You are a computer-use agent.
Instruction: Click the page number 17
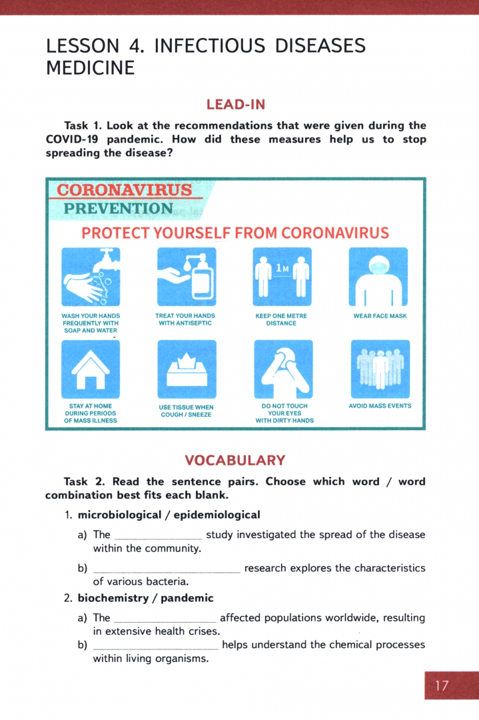pos(442,685)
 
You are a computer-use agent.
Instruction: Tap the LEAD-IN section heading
pos(236,104)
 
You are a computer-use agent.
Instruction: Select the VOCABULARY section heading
pos(235,460)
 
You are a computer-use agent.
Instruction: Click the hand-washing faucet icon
pos(91,276)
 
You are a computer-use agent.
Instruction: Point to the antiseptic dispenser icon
pos(187,276)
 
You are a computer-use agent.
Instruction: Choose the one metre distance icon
pos(282,276)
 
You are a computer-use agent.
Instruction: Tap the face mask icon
pos(378,276)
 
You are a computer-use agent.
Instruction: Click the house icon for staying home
pos(91,369)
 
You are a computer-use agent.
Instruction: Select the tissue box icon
pos(187,369)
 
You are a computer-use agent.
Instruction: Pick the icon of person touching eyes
pos(282,369)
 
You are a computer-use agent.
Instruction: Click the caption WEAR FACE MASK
pos(380,316)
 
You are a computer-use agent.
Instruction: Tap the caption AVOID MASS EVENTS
pos(380,405)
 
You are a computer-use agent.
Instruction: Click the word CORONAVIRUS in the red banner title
pos(125,191)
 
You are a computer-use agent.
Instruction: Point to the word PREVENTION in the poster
pos(119,209)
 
